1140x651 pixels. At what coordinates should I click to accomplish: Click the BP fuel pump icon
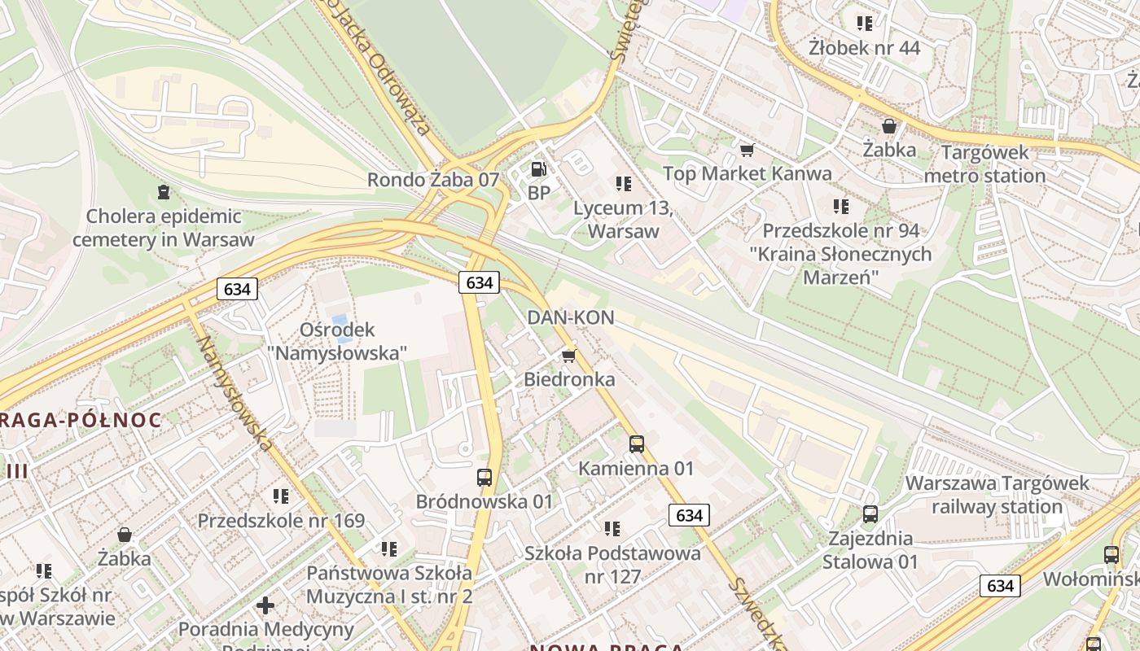(537, 169)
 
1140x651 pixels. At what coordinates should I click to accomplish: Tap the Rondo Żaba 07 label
(432, 180)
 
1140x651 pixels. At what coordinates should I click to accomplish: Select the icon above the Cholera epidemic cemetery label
(164, 193)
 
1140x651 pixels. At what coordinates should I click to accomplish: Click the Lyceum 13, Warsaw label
(623, 220)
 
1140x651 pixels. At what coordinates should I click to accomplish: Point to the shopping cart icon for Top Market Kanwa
(746, 150)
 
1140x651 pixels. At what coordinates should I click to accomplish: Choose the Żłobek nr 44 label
(864, 48)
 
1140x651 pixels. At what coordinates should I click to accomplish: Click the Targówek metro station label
(984, 164)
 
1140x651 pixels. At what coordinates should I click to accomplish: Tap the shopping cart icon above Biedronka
(568, 356)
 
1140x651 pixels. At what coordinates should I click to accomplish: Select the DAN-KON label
(570, 318)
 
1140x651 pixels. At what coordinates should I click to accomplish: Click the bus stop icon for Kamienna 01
(637, 444)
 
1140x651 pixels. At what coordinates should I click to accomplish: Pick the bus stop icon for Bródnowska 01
(484, 478)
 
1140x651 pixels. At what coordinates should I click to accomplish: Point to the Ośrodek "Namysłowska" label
(337, 341)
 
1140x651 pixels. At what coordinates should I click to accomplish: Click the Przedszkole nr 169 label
(281, 520)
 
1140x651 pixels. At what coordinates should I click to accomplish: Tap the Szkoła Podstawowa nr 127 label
(612, 565)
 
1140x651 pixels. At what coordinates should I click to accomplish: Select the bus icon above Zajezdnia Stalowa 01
(870, 514)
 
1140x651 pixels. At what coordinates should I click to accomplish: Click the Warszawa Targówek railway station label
(997, 495)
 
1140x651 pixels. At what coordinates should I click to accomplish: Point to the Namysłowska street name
(233, 392)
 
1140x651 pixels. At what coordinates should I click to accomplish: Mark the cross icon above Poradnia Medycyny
(265, 605)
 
